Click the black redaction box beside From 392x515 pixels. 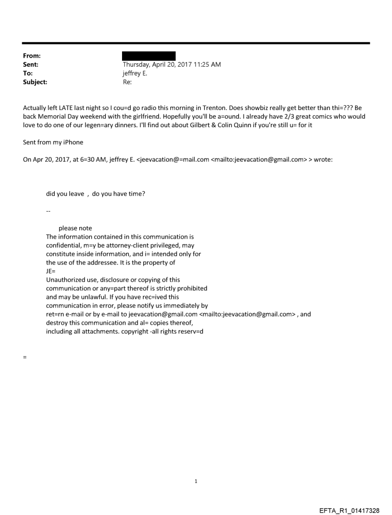point(149,56)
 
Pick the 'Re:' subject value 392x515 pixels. point(127,82)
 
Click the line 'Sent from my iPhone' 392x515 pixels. point(53,142)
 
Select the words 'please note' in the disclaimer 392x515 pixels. point(75,228)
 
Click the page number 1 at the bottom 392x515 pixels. point(196,481)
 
